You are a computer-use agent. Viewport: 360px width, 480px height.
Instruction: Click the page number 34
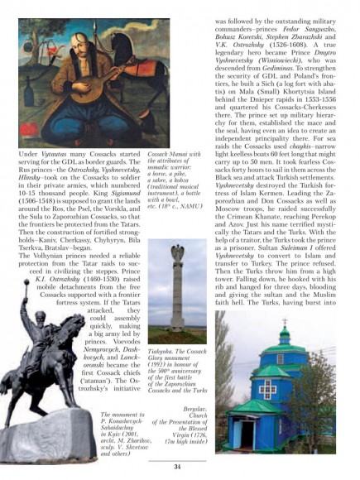[176, 466]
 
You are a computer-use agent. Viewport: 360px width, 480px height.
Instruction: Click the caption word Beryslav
[198, 409]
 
